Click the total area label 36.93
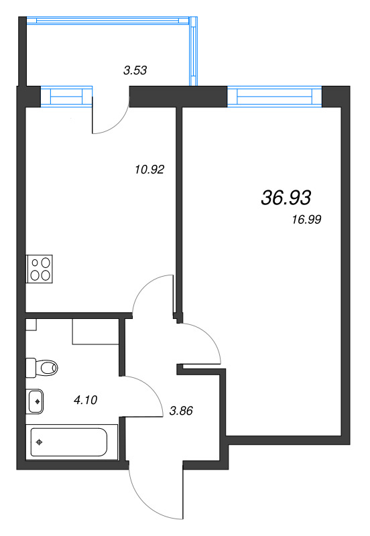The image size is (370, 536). tap(284, 197)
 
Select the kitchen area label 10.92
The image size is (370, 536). tap(149, 170)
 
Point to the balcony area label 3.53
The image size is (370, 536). tap(135, 69)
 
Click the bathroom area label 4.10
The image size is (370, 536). tap(86, 400)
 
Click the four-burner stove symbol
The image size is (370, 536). tap(39, 268)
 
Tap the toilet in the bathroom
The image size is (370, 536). tap(42, 367)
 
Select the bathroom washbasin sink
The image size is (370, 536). tap(36, 401)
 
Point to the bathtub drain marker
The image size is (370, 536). tap(41, 442)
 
